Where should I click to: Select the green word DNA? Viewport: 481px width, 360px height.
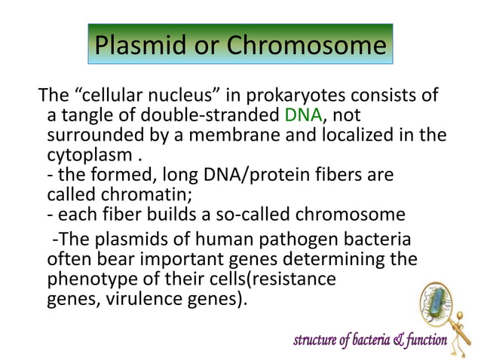click(303, 116)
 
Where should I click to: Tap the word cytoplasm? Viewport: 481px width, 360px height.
click(89, 156)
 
